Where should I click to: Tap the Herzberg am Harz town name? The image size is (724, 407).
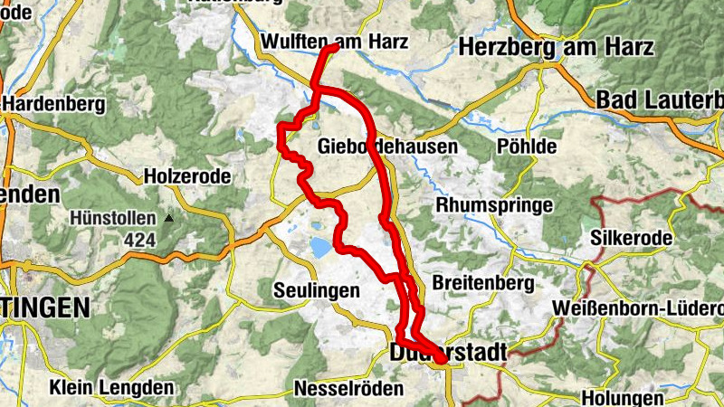click(556, 48)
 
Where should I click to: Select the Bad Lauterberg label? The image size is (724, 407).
click(659, 99)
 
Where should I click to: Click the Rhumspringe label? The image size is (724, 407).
click(494, 205)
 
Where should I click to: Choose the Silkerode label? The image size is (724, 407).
click(631, 238)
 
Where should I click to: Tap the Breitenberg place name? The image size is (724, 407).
click(482, 283)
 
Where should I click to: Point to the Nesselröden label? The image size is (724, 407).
click(340, 389)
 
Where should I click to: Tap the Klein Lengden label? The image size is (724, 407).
click(111, 388)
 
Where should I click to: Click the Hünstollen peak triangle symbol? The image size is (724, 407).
click(168, 218)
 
